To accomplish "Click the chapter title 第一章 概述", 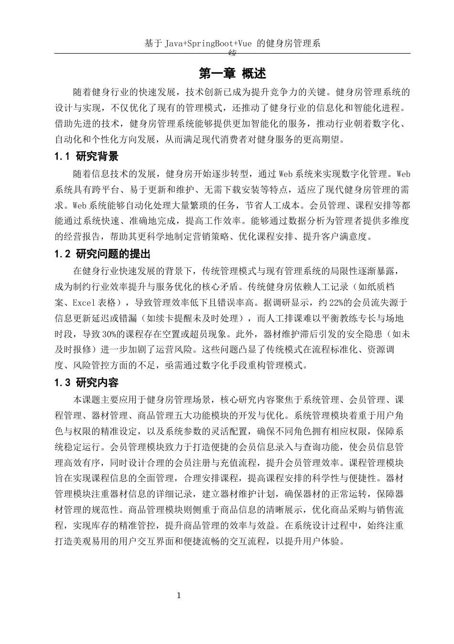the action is tap(232, 74).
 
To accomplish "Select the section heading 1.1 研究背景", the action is tap(86, 156).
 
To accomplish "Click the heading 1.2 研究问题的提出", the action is tap(103, 254).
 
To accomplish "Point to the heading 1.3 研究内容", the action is tap(86, 383).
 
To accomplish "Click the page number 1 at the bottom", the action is tap(179, 596).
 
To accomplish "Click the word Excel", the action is tap(85, 302).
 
